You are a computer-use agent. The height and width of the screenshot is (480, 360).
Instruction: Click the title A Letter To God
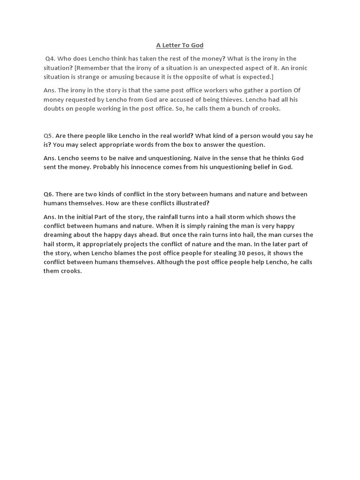pos(180,45)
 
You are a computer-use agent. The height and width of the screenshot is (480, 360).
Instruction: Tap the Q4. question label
pos(50,59)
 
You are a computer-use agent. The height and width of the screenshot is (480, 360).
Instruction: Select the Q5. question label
pos(49,135)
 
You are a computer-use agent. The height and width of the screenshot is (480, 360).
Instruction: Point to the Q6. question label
pos(49,194)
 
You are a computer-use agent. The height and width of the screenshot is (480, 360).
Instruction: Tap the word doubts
pos(53,108)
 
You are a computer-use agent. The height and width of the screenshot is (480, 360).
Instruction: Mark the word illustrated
pos(189,203)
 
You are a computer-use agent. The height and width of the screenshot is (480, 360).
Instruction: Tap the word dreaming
pos(58,235)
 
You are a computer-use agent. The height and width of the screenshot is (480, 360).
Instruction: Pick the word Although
pos(171,262)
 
